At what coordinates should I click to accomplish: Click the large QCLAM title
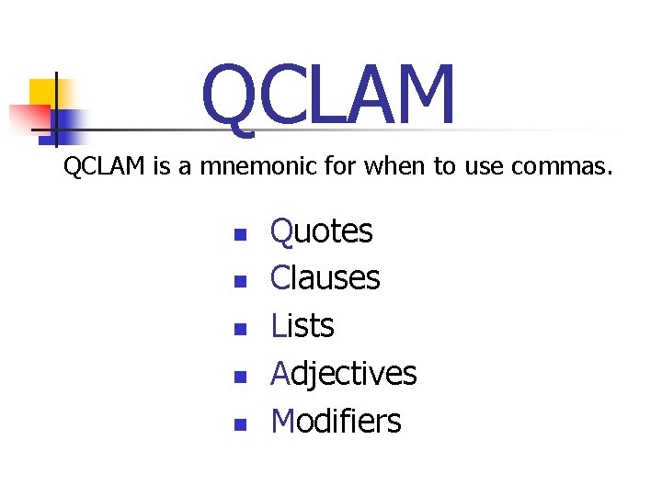(328, 96)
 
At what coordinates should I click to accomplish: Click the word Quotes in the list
(321, 231)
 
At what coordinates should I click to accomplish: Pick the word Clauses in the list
(325, 278)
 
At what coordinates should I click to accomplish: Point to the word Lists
(302, 326)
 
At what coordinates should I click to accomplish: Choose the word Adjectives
(343, 374)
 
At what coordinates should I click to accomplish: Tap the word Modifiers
(336, 422)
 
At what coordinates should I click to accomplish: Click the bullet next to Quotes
(240, 234)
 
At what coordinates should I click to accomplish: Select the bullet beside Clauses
(240, 282)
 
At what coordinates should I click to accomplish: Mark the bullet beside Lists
(240, 330)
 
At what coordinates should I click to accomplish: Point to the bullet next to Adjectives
(240, 378)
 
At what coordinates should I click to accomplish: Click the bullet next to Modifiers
(240, 425)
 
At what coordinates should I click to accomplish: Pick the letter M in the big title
(420, 96)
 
